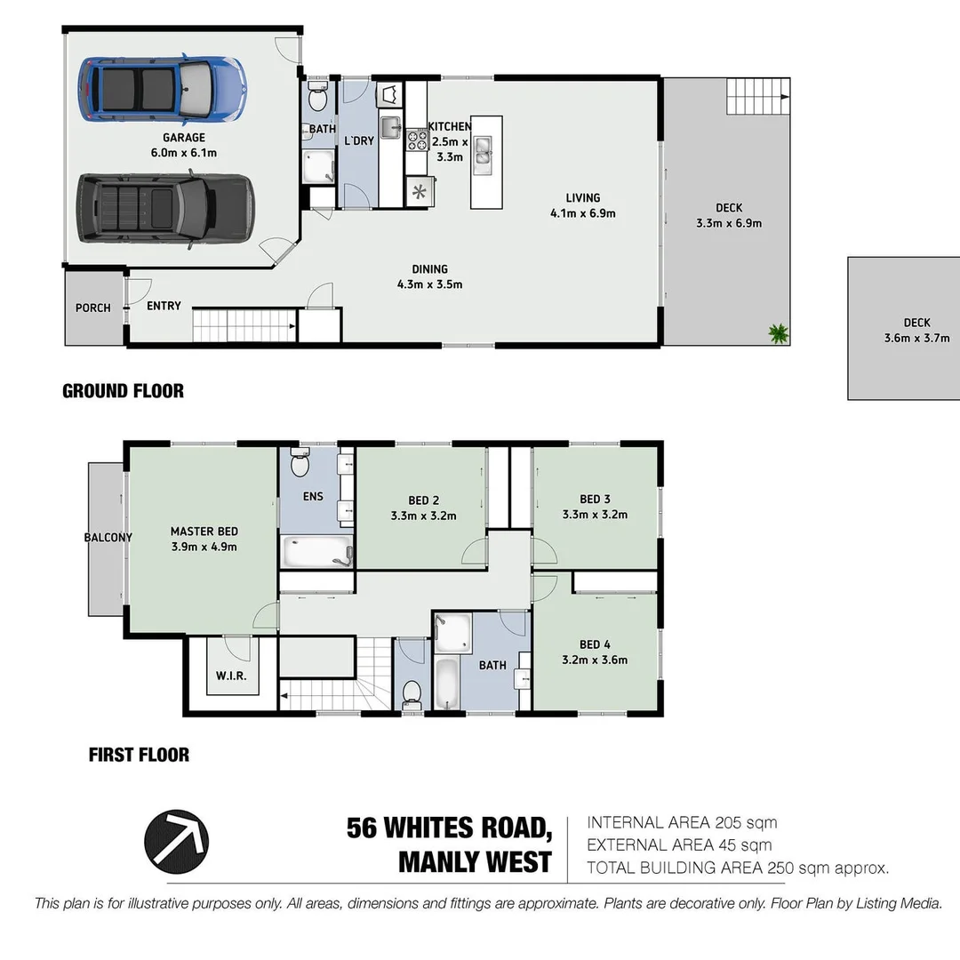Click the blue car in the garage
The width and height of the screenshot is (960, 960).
coord(161,89)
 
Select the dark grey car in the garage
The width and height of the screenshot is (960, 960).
coord(165,208)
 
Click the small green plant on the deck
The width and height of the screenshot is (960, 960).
coord(779,333)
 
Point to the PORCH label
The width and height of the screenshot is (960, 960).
coord(93,308)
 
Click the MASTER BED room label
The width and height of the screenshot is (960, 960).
coord(204,532)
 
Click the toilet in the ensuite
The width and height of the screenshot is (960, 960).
coord(300,463)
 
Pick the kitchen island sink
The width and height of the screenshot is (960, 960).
coord(484,152)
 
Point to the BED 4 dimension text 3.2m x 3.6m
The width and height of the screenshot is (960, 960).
coord(595,660)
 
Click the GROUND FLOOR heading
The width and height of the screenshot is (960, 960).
coord(123,391)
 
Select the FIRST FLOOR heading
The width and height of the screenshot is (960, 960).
coord(139,755)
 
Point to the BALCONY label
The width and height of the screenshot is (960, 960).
coord(108,537)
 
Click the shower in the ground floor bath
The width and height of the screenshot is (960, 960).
coord(317,167)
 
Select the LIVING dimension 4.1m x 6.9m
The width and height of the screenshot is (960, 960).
coord(583,213)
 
